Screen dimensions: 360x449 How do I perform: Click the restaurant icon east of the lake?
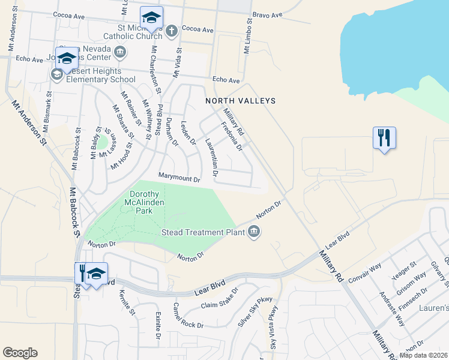(384, 138)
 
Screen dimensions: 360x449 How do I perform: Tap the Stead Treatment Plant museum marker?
(254, 232)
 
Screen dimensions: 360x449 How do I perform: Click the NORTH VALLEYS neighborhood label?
(240, 101)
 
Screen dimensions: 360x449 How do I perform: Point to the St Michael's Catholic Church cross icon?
(171, 30)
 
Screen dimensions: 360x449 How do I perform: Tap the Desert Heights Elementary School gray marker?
(57, 74)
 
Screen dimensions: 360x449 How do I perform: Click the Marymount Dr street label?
(178, 176)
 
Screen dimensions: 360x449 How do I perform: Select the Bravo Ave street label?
(267, 14)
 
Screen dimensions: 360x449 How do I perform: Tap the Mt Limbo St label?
(247, 35)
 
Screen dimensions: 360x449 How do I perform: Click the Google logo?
(20, 353)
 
